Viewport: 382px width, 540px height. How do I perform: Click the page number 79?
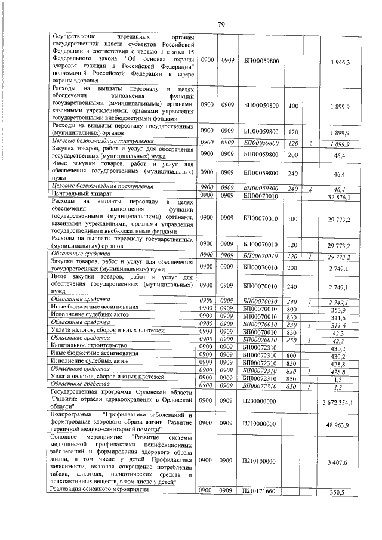tap(221, 24)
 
